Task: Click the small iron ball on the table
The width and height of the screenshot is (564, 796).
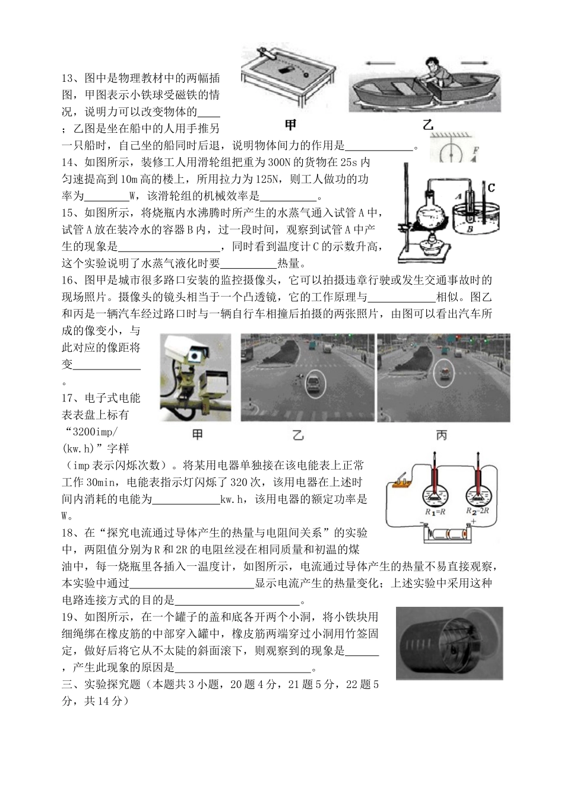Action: (307, 75)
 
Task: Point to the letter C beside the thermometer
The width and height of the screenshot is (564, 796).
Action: (491, 188)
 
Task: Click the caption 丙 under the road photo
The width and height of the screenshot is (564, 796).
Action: (442, 435)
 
